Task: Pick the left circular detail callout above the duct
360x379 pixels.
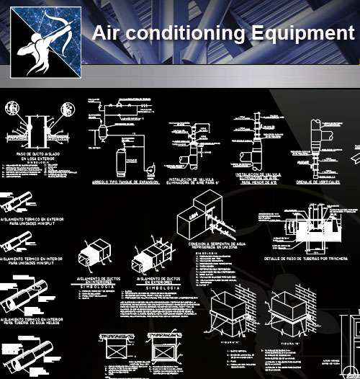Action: click(x=12, y=109)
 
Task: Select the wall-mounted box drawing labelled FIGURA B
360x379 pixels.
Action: click(x=288, y=311)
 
